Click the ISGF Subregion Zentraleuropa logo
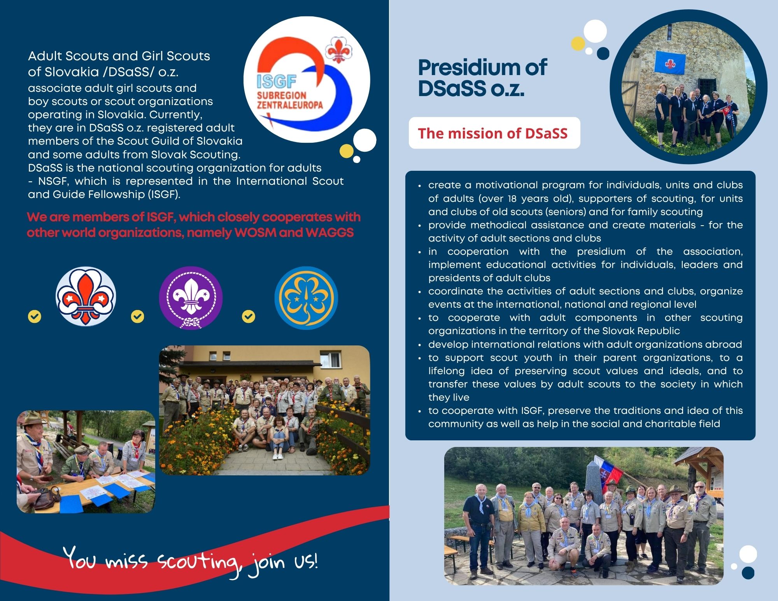point(307,80)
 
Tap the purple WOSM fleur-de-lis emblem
point(191,298)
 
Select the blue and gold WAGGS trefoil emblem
point(306,298)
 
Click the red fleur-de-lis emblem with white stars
point(86,296)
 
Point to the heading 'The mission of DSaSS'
point(492,133)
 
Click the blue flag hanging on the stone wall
point(670,63)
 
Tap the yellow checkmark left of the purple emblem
point(137,317)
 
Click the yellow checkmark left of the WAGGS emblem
point(249,317)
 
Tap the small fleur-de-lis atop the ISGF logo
point(338,50)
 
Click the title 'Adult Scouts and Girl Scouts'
point(119,56)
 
